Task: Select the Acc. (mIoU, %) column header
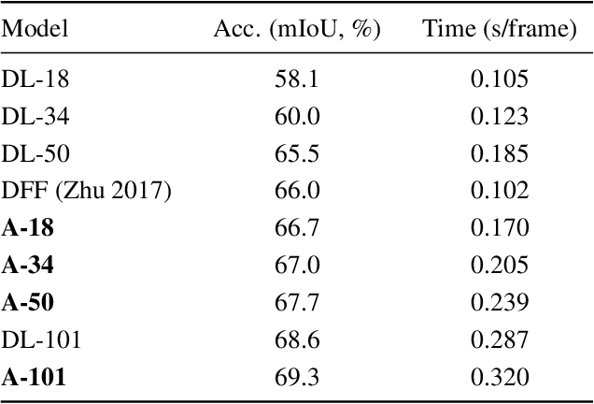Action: click(x=294, y=30)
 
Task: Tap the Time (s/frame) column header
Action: click(x=500, y=30)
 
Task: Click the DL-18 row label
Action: click(x=35, y=79)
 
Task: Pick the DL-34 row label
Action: click(x=35, y=116)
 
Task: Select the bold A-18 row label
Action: click(x=28, y=228)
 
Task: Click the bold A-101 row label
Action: click(x=35, y=378)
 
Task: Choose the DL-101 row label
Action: click(x=42, y=340)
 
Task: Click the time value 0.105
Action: click(x=500, y=79)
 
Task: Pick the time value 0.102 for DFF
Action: click(x=500, y=191)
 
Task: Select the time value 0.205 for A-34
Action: click(x=500, y=266)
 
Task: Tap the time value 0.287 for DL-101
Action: click(x=500, y=340)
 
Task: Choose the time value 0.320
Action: click(x=500, y=378)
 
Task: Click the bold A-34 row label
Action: click(x=28, y=266)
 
